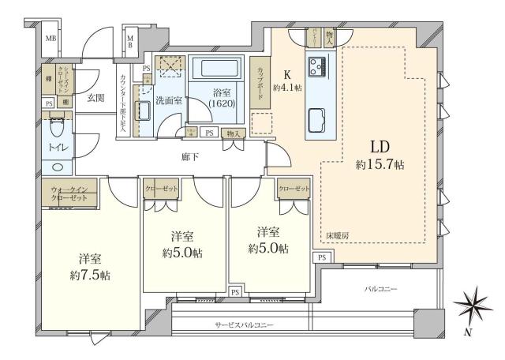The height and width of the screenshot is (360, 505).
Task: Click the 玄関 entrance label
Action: [95, 97]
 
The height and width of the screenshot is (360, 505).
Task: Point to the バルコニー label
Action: [380, 290]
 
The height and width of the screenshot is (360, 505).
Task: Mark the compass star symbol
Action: [473, 305]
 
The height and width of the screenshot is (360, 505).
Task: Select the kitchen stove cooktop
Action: [318, 67]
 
